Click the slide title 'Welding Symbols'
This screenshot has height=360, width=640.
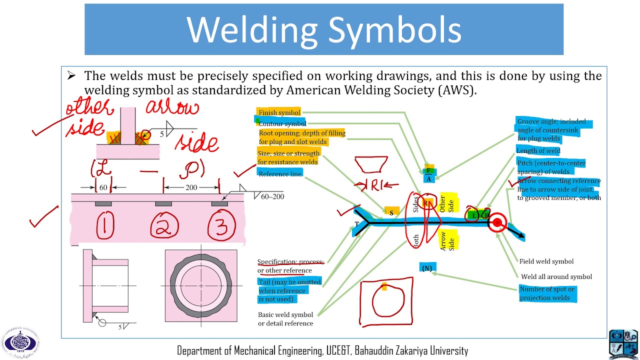(x=324, y=29)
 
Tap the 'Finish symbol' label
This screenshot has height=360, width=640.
(x=279, y=112)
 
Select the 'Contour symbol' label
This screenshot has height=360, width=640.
(x=282, y=123)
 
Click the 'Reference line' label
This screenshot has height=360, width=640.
(x=279, y=173)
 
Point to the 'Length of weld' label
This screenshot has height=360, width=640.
(x=538, y=150)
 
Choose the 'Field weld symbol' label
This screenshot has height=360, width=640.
(x=546, y=261)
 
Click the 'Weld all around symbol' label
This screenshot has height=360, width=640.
(x=556, y=276)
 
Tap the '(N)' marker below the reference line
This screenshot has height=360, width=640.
(x=427, y=268)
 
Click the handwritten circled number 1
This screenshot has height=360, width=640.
(x=104, y=224)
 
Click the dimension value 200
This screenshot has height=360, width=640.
(x=191, y=188)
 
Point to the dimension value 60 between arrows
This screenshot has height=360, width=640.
(x=103, y=188)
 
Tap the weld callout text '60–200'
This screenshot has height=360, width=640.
(x=272, y=196)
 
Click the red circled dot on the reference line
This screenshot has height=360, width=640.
(x=497, y=223)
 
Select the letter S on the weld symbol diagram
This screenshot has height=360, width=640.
(x=391, y=212)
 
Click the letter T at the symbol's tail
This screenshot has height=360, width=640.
(x=356, y=223)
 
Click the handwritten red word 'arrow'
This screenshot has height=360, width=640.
(x=172, y=108)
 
